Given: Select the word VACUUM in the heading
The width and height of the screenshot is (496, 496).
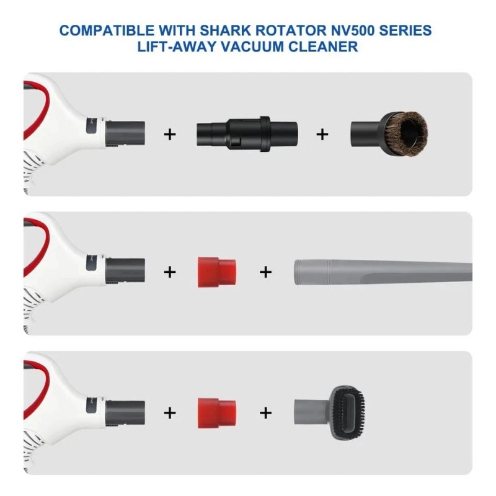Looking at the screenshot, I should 277,46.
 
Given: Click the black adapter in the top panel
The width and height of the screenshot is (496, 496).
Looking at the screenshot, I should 247,133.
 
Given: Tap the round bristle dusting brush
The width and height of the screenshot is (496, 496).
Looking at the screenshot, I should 389,133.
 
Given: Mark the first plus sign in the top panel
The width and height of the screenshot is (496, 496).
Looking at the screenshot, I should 169,133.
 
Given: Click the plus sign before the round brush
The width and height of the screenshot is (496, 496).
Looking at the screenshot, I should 322,133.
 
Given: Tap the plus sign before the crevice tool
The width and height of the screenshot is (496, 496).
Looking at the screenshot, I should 265,272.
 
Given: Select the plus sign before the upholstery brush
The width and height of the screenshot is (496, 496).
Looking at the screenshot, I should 265,411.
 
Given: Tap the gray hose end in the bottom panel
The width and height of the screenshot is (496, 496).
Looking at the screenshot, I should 126,410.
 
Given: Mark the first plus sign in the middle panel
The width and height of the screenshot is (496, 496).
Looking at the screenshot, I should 169,272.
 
